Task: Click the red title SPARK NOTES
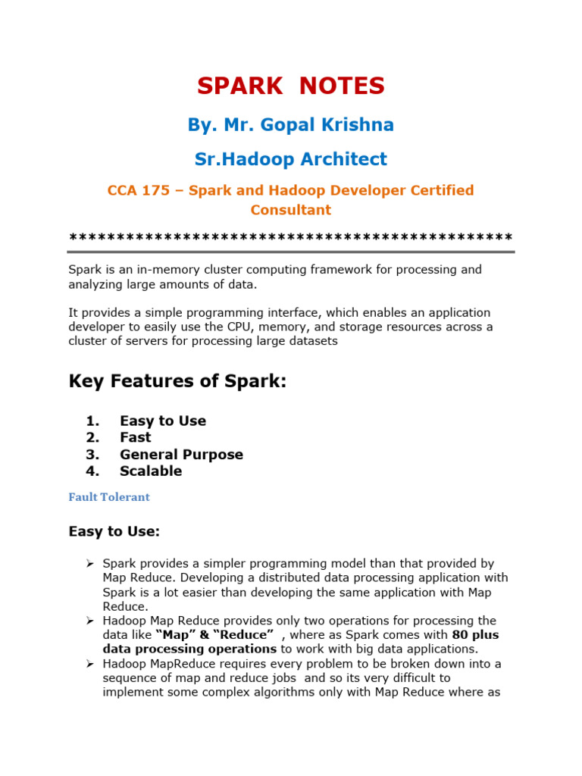pos(291,86)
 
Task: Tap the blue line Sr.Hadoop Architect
pos(291,159)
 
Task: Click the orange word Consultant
pos(291,210)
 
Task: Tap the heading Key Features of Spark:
pos(178,381)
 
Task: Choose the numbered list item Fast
pos(135,437)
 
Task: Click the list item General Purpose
pos(181,455)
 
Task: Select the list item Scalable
pos(151,471)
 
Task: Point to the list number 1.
pos(92,421)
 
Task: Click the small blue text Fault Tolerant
pos(109,497)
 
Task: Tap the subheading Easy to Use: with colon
pos(114,532)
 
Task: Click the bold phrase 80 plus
pos(475,635)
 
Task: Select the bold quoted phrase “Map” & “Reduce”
pos(214,635)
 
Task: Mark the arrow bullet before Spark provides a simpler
pos(89,564)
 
